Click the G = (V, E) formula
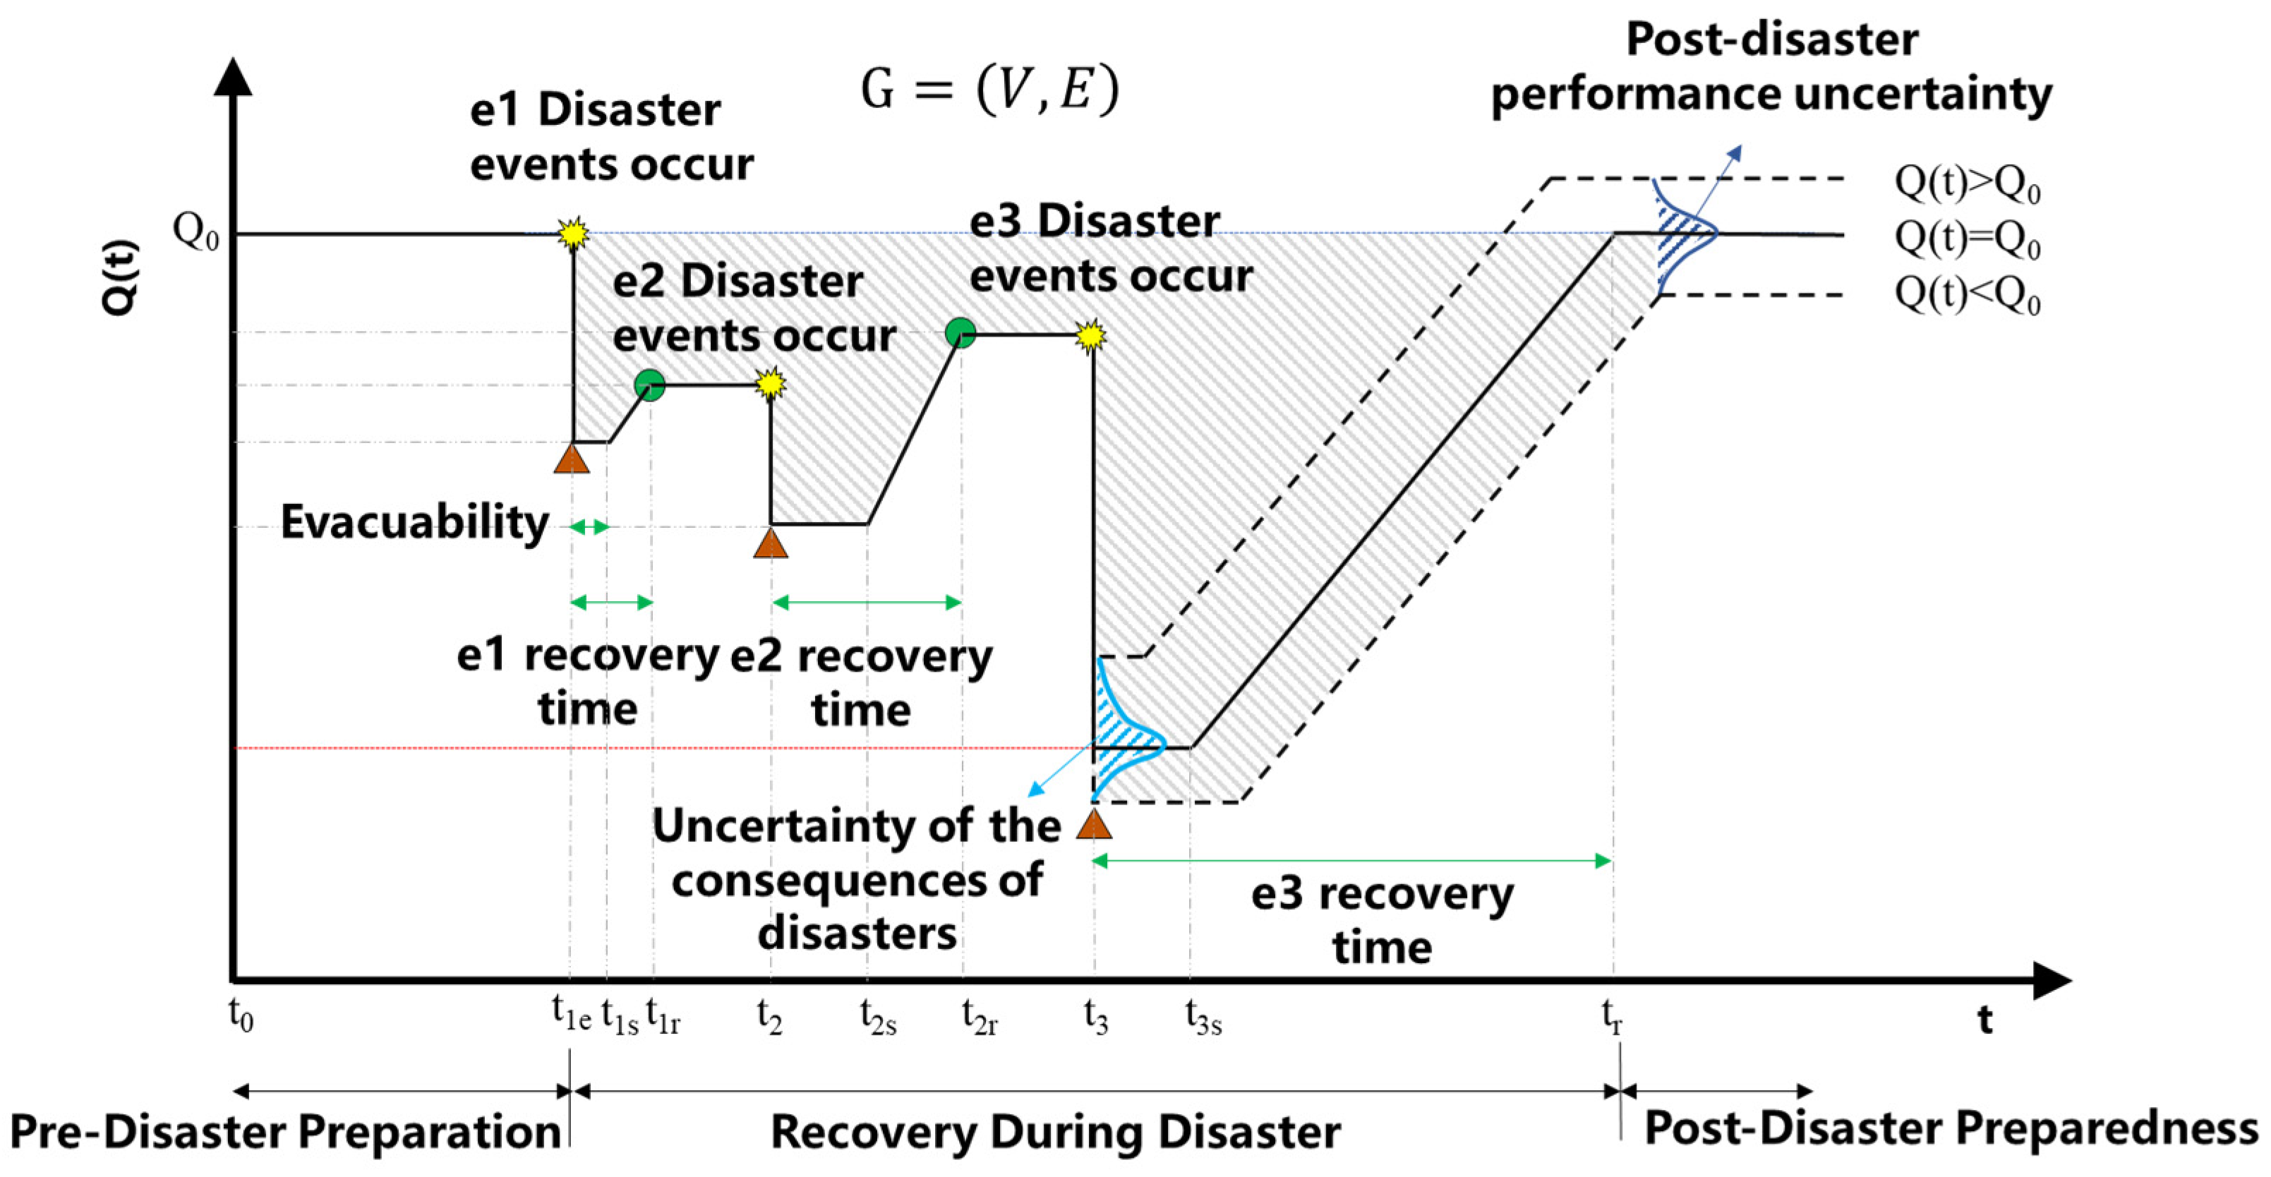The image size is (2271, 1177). (x=989, y=90)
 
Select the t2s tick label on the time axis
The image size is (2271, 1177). (x=878, y=1017)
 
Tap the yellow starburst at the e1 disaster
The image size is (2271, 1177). (x=573, y=234)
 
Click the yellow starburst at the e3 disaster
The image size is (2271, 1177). (x=1092, y=335)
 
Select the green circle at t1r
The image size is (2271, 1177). (x=650, y=385)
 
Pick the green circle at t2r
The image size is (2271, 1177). (x=960, y=333)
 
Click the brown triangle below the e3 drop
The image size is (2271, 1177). (x=1094, y=824)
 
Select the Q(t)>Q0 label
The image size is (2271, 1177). (x=1967, y=183)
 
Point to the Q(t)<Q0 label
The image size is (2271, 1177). (x=1967, y=296)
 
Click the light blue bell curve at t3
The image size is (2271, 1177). (x=1128, y=732)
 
